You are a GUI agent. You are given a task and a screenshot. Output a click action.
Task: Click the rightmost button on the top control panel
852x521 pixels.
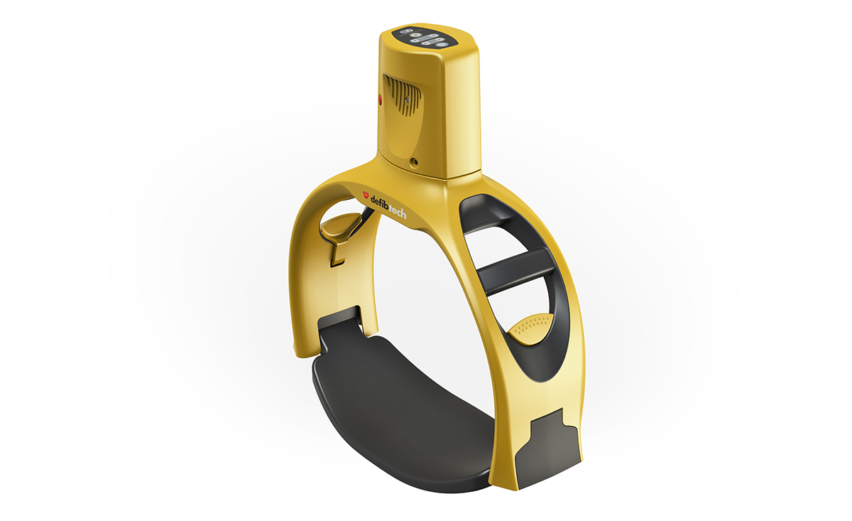click(x=442, y=45)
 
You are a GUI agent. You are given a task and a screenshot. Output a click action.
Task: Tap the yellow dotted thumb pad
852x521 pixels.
click(x=529, y=328)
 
